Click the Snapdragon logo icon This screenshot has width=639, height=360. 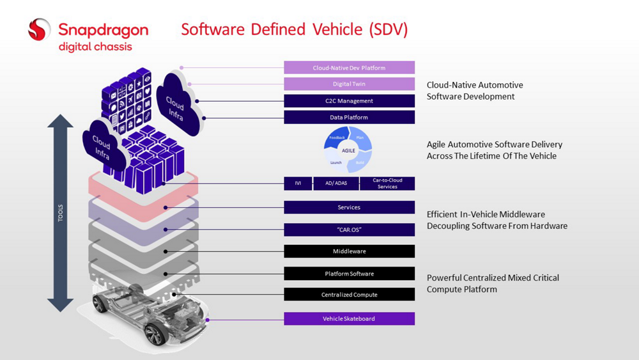39,29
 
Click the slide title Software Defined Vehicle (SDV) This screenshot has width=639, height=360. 295,29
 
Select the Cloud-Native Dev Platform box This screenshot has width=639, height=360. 349,68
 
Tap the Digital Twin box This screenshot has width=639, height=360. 349,84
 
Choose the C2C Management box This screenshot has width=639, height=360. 349,101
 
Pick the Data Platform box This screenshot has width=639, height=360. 349,118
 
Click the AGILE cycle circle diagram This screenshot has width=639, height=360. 349,150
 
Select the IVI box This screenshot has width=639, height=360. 298,184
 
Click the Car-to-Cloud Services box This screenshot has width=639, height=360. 387,184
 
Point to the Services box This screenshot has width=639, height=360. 349,207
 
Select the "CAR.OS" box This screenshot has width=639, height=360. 349,230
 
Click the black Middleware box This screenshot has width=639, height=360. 349,251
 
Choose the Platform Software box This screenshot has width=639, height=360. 349,274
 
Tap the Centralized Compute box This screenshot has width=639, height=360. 349,295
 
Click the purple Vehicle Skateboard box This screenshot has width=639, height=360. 349,318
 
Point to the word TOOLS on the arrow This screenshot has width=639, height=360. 61,214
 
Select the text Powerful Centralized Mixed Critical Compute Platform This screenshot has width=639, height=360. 493,283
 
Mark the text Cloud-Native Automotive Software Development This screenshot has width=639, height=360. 475,91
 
